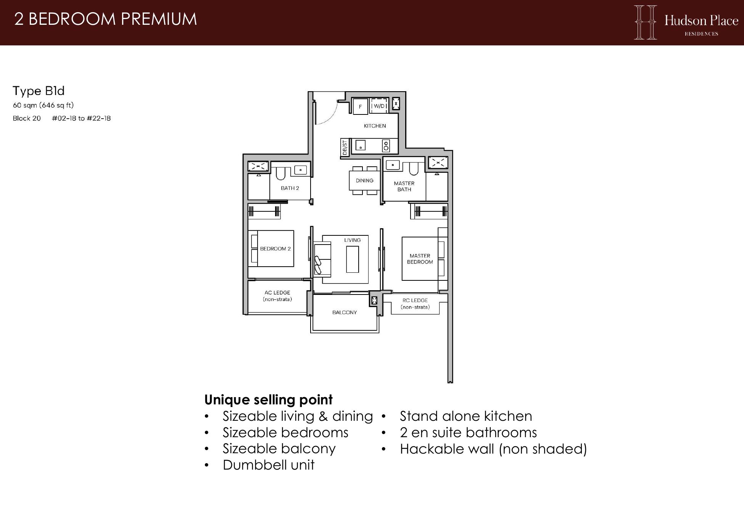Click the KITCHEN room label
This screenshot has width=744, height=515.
(375, 126)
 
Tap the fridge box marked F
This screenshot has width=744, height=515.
(360, 106)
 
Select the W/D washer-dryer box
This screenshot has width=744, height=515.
(379, 106)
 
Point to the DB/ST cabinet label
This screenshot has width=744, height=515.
(345, 148)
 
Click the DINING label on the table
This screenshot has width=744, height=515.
(364, 180)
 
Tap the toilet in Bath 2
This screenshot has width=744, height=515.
(281, 174)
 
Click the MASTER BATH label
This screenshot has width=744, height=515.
(404, 186)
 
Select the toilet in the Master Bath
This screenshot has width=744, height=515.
(414, 168)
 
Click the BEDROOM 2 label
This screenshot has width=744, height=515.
(275, 249)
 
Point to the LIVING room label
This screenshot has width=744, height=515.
(352, 240)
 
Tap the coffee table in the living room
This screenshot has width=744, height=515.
(353, 259)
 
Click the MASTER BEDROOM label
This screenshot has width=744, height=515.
(420, 259)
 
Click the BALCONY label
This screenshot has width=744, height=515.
(345, 312)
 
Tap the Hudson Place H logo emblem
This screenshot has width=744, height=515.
(645, 22)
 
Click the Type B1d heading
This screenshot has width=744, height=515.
(39, 91)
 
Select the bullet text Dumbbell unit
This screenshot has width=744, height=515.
(269, 465)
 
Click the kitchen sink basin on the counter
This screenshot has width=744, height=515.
(360, 145)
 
